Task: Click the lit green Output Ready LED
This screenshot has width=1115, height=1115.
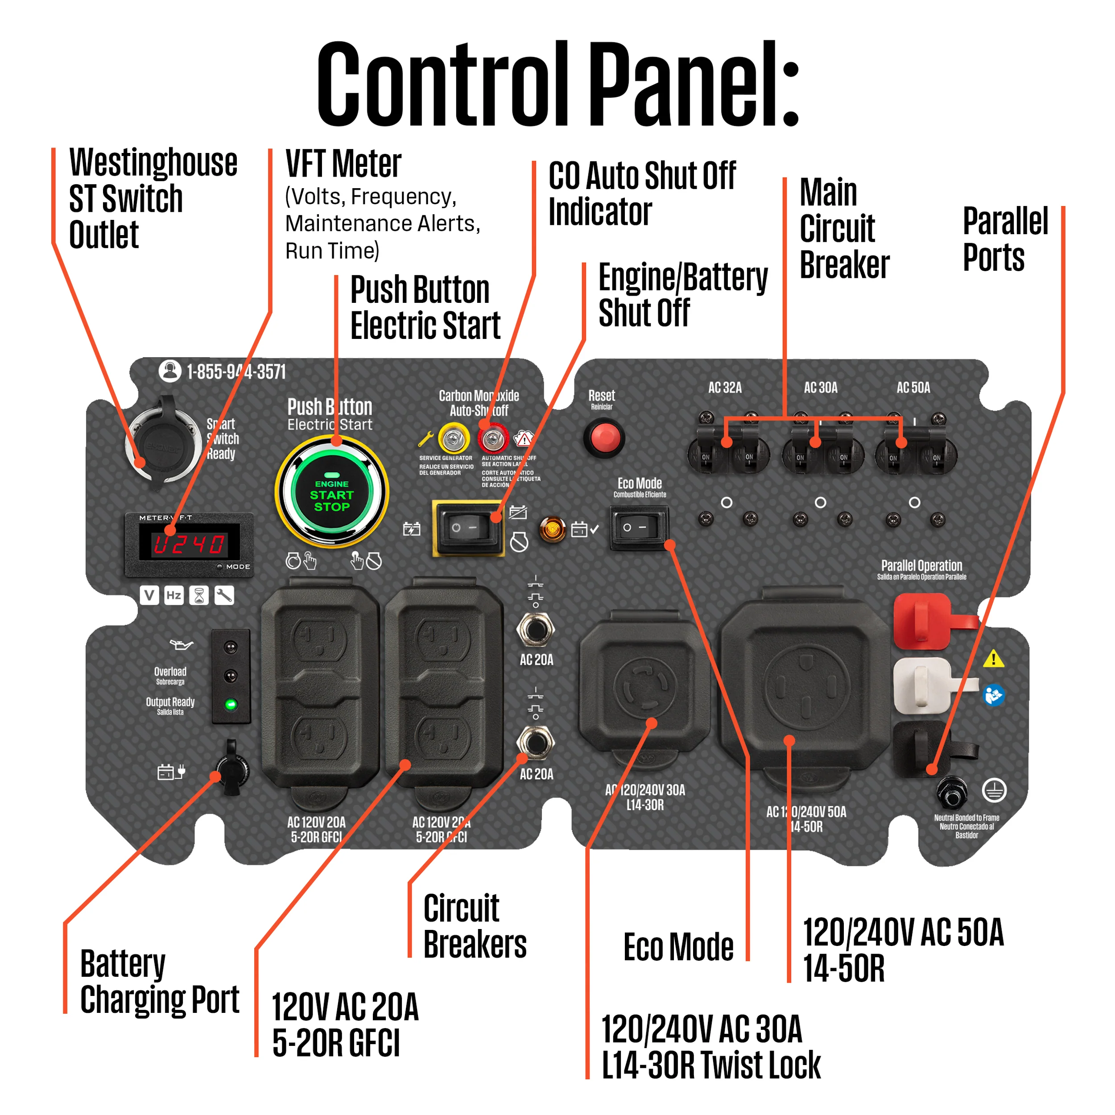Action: (231, 704)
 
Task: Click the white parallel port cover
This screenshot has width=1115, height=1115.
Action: (922, 686)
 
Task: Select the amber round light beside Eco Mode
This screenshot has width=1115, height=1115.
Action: (552, 529)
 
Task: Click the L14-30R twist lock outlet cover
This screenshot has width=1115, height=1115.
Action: (644, 687)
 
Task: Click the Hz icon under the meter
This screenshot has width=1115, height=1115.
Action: (173, 595)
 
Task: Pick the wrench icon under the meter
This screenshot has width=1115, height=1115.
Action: (224, 595)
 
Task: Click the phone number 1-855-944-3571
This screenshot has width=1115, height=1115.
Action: (235, 372)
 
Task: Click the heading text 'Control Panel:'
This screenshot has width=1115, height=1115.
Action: (557, 84)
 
